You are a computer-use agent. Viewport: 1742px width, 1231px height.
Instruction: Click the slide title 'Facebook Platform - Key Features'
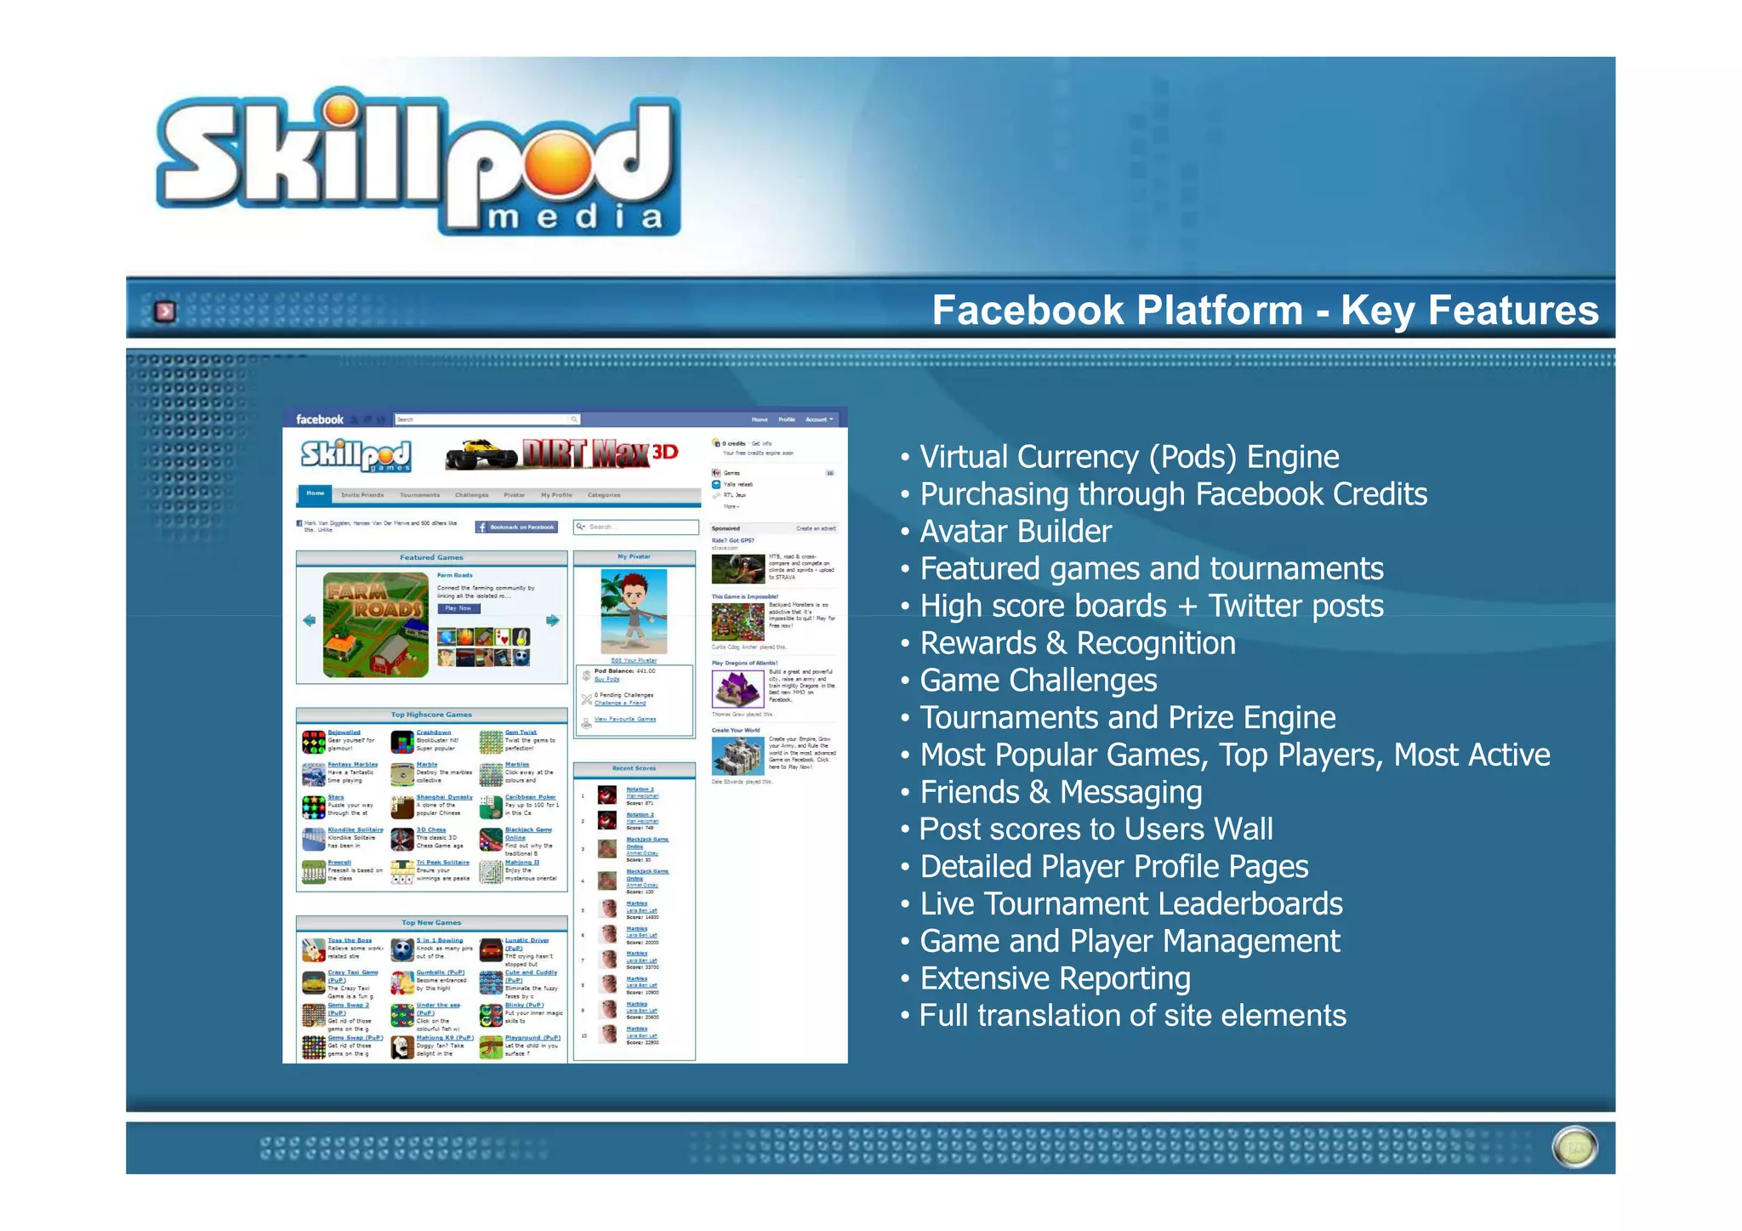[1265, 310]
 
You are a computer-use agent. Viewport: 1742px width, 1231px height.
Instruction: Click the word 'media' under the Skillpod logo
[575, 218]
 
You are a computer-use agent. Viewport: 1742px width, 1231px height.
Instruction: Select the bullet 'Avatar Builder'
[1016, 532]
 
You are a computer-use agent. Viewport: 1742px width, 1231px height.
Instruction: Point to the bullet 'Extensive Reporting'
[1055, 978]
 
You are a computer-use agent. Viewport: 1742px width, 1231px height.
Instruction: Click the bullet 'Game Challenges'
[1039, 681]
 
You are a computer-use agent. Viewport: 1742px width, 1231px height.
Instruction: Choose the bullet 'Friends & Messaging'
[1061, 792]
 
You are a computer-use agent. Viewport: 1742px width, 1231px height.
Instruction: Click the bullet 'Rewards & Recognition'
[1078, 643]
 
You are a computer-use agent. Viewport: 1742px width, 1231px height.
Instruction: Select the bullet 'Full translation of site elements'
[1133, 1016]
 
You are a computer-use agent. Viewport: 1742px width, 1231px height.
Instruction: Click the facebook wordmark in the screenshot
[320, 419]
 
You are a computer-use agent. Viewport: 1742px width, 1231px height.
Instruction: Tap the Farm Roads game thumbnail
[375, 624]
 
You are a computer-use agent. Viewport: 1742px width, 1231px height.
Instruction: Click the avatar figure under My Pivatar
[634, 610]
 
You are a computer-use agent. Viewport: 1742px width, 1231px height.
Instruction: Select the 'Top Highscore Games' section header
[431, 715]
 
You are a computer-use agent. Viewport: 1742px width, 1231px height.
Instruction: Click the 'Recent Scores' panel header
[634, 768]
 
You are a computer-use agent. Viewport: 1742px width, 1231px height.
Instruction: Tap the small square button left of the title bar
[165, 311]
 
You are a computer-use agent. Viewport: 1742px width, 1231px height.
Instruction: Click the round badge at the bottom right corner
[1574, 1148]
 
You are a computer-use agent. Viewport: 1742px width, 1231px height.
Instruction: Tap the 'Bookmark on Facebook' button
[516, 527]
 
